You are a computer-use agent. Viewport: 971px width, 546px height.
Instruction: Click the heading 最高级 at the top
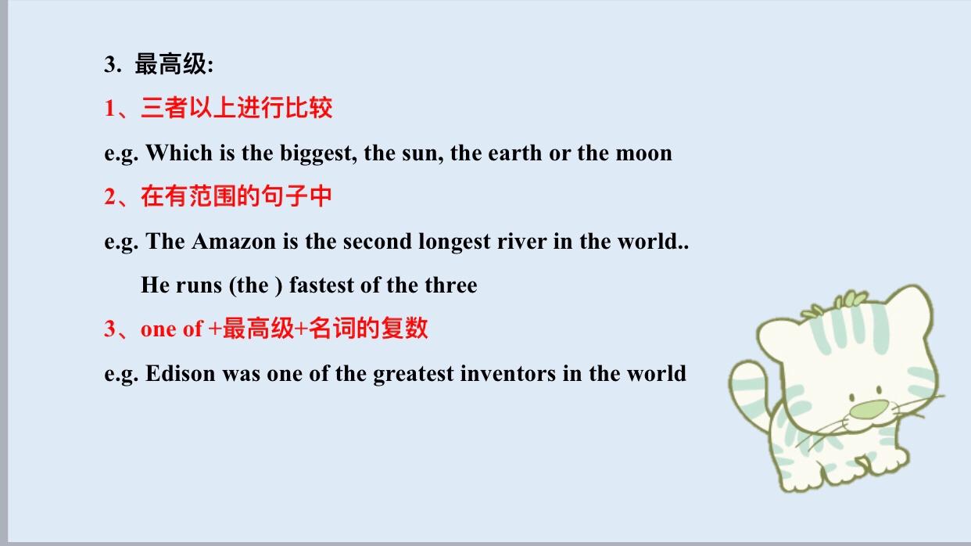[171, 64]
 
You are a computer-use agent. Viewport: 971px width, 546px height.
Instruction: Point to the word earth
[515, 153]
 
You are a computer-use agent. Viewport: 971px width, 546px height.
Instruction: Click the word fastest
[321, 285]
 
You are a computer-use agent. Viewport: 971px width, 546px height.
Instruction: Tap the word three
[451, 285]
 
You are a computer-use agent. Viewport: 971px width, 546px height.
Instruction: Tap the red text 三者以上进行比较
[236, 108]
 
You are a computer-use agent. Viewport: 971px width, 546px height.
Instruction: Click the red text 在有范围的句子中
[236, 196]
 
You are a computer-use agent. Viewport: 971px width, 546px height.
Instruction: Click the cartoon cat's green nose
[869, 409]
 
